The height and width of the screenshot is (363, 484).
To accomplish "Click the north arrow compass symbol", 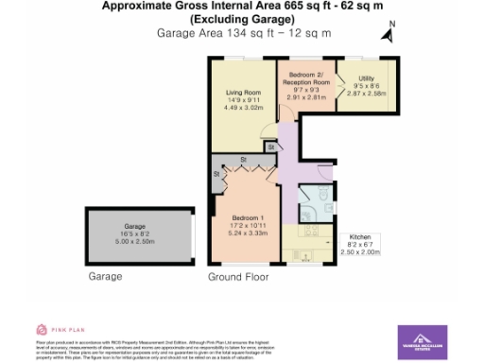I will pyautogui.click(x=386, y=34).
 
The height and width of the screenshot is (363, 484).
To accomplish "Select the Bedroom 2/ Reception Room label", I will pyautogui.click(x=305, y=78).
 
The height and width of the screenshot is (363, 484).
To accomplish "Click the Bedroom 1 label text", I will pyautogui.click(x=244, y=217).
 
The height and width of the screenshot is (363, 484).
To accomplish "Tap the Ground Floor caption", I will pyautogui.click(x=237, y=278).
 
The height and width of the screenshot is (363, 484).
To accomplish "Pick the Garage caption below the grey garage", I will pyautogui.click(x=106, y=278).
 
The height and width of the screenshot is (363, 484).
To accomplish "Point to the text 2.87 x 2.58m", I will pyautogui.click(x=358, y=96).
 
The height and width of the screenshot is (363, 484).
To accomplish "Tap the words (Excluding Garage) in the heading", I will pyautogui.click(x=242, y=19).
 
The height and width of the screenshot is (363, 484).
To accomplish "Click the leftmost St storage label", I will pyautogui.click(x=216, y=174).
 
